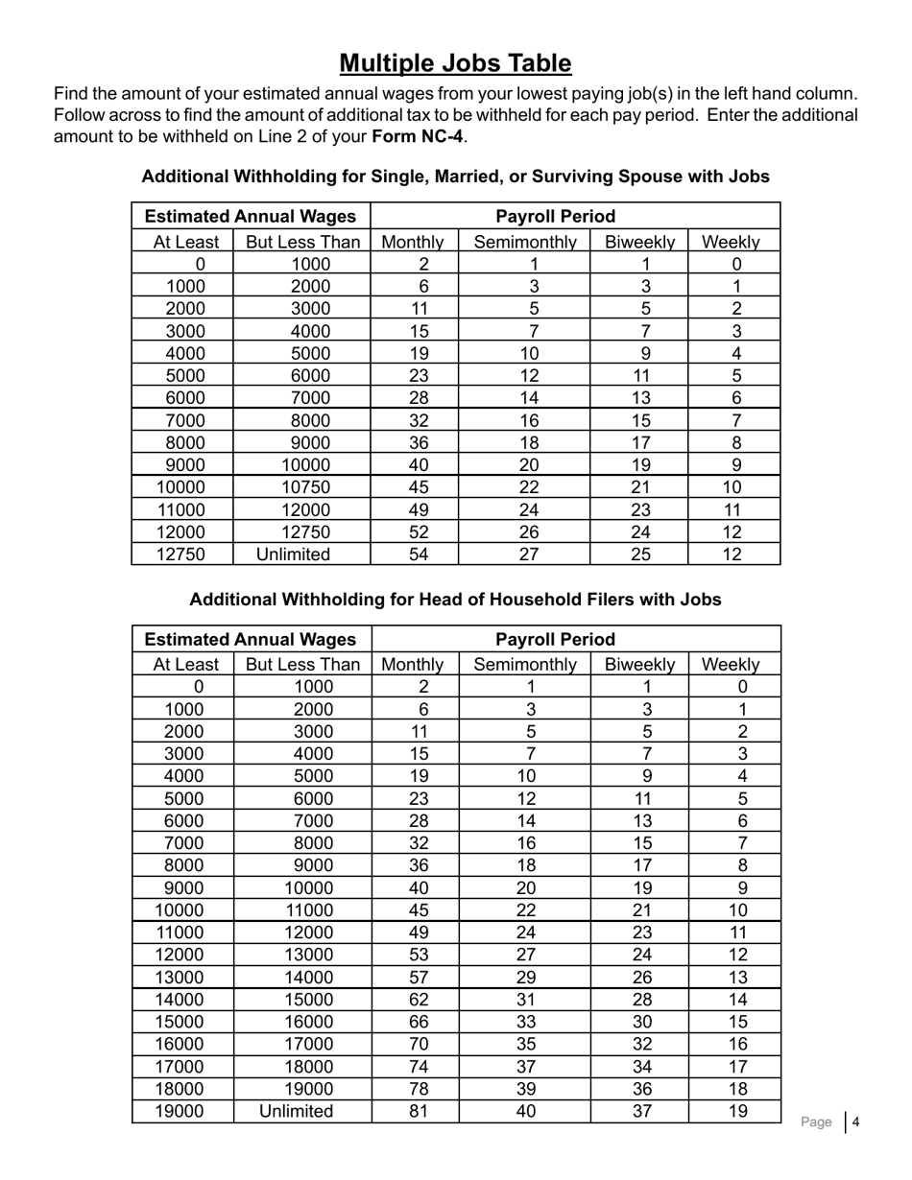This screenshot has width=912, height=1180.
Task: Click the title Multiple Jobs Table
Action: click(455, 63)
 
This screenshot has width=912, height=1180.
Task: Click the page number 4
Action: click(855, 1121)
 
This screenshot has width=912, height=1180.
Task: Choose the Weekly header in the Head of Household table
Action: click(734, 664)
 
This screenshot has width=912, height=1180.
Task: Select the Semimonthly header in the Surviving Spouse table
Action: click(525, 242)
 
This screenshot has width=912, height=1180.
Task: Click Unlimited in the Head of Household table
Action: click(302, 1111)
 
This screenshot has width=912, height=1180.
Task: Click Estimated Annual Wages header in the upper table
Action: click(250, 217)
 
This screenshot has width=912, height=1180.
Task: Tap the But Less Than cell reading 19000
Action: click(302, 1089)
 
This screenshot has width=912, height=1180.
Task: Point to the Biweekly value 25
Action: click(640, 555)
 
